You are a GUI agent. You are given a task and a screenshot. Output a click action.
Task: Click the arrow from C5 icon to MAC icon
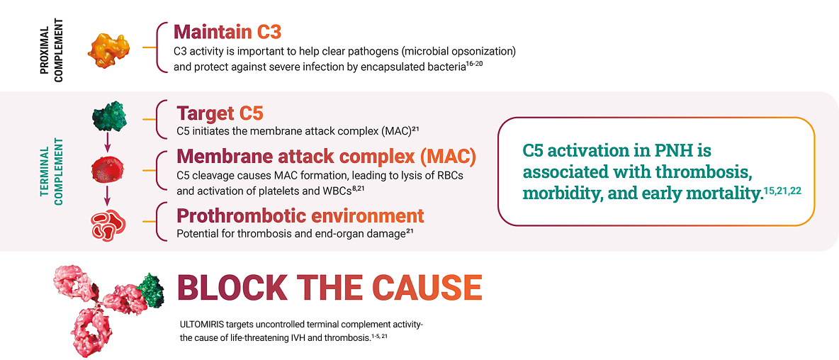click(x=108, y=143)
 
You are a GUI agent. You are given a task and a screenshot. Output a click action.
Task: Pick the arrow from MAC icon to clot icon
click(x=107, y=196)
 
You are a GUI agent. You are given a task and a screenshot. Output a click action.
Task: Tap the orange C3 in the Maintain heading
click(x=269, y=32)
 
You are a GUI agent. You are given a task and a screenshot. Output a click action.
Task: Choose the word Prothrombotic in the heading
click(x=240, y=216)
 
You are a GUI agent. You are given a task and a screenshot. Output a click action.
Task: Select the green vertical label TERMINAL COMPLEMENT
click(x=52, y=171)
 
